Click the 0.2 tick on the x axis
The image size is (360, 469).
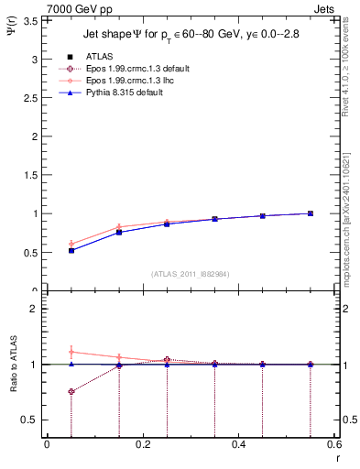point(142,445)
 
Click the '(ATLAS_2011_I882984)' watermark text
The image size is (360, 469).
point(190,274)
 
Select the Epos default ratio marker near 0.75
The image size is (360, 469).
point(71,391)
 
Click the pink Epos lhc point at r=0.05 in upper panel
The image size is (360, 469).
point(71,244)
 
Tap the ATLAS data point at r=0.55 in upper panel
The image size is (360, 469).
point(311,213)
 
